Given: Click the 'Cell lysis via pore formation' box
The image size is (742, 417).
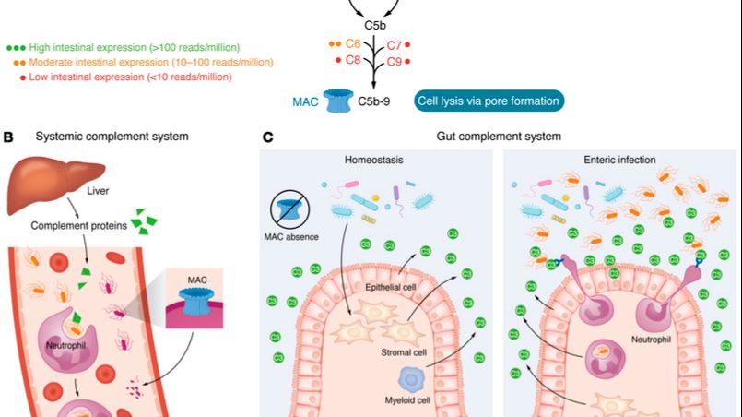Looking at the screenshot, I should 488,101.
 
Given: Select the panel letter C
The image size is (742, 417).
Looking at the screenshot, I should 267,137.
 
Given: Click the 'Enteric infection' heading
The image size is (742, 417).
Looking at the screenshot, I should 618,160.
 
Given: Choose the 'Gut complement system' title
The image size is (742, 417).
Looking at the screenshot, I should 499,137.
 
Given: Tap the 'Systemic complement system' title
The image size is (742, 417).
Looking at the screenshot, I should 112,137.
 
